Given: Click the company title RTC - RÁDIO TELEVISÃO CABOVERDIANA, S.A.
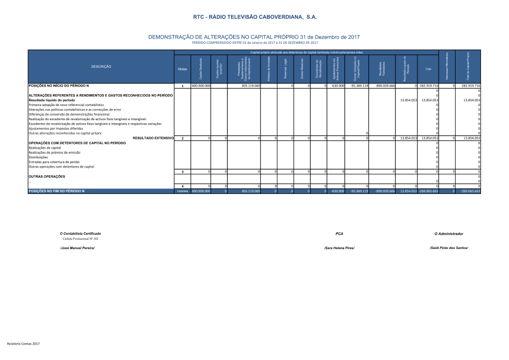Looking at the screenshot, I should [254, 17].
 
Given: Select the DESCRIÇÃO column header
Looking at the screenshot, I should [101, 67].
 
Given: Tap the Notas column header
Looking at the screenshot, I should [182, 69].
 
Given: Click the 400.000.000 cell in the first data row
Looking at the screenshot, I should [201, 86].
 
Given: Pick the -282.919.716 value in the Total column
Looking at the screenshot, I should [428, 86].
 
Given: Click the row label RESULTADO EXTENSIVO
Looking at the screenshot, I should [153, 138].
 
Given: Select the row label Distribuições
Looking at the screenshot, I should [39, 157].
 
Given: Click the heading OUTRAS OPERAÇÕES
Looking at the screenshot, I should [47, 176].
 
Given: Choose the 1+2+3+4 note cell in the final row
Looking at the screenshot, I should [182, 191].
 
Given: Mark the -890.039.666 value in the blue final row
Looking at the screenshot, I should [385, 191].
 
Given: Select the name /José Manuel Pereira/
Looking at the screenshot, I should [77, 247].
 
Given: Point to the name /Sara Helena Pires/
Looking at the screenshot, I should [339, 247].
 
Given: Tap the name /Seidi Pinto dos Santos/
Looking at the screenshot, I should [448, 247].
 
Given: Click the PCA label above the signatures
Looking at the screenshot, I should [340, 233].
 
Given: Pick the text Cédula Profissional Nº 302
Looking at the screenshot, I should [80, 238].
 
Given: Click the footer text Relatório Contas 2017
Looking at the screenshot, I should [23, 344].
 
